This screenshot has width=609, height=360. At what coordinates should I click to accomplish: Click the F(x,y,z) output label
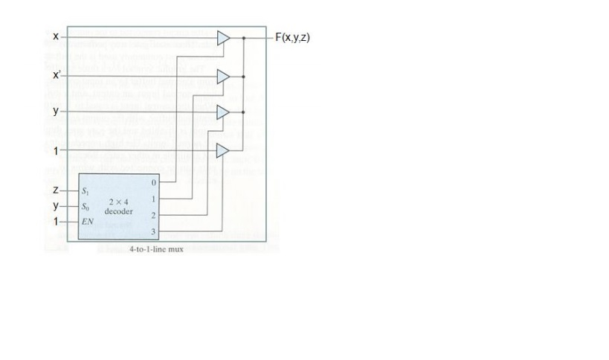[292, 37]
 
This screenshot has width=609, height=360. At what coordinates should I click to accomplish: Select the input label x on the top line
[56, 36]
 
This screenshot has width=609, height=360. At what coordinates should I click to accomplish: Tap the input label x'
[57, 75]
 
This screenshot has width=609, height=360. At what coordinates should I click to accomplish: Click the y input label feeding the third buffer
[56, 111]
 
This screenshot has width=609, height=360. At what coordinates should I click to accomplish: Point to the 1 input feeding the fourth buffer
[56, 150]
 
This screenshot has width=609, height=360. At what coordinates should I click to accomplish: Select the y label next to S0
[56, 206]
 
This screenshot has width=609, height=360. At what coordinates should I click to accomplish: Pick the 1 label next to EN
[56, 222]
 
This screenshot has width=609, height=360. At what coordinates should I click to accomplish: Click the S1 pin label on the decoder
[86, 192]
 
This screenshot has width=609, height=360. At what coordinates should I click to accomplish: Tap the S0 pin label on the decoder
[86, 207]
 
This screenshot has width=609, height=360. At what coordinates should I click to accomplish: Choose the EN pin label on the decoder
[87, 222]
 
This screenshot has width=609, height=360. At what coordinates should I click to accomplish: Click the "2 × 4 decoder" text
[119, 206]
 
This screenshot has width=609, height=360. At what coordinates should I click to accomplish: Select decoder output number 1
[153, 199]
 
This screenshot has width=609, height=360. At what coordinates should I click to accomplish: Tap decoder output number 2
[153, 216]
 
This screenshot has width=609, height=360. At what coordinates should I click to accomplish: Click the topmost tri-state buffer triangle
[222, 37]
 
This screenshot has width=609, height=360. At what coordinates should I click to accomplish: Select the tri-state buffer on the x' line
[222, 76]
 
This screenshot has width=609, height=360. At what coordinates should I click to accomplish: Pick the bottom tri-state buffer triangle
[222, 150]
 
